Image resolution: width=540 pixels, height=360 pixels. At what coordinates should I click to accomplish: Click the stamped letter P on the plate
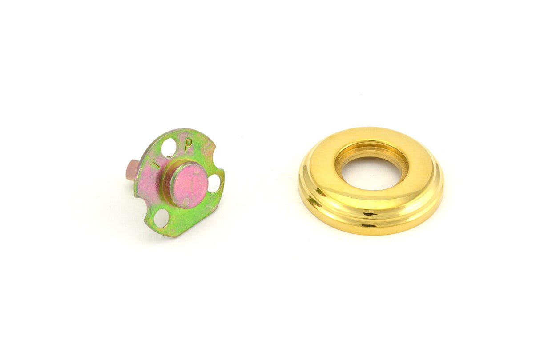click(189, 144)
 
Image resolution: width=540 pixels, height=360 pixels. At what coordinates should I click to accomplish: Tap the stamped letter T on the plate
click(155, 164)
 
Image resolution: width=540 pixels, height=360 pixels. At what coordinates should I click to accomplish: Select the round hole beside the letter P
click(169, 147)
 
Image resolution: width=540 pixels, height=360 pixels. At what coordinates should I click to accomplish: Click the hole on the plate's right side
click(214, 183)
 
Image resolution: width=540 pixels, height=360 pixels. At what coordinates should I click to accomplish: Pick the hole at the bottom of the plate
click(161, 218)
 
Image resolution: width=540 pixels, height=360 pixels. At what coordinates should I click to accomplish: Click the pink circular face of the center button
click(190, 185)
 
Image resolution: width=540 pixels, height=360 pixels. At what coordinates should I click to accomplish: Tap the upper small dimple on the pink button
click(197, 170)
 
